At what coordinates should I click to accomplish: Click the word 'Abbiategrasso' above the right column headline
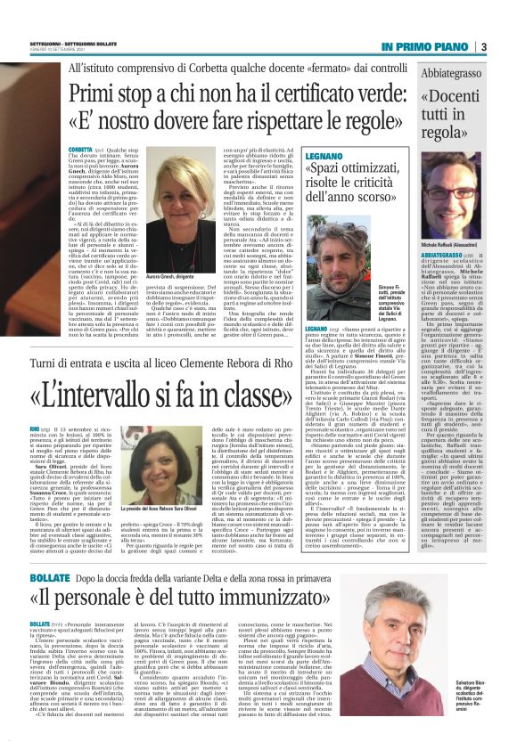pos(445,74)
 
